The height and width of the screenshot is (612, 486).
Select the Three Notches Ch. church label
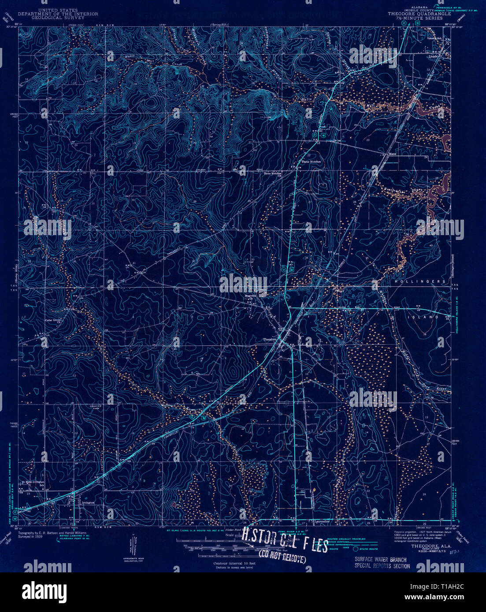[x=272, y=173]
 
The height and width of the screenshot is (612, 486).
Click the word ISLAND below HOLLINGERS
[x=429, y=317]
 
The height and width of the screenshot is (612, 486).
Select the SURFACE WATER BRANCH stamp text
[x=381, y=560]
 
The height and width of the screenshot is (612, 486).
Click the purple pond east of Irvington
[x=174, y=505]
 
